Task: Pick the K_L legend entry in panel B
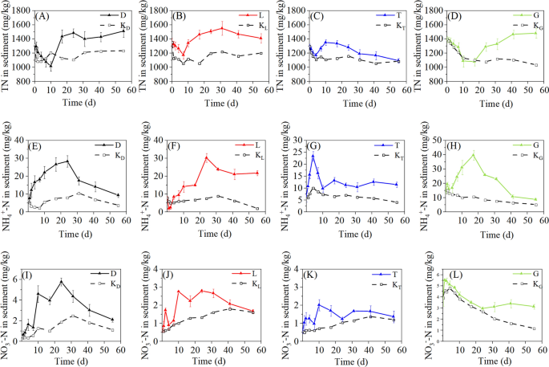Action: click(x=255, y=26)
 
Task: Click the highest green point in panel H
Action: click(x=474, y=154)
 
